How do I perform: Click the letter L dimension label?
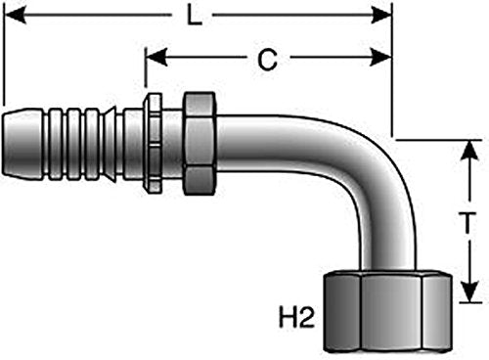[195, 16]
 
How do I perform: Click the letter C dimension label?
[267, 60]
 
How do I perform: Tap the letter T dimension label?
[468, 223]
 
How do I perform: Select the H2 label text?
[296, 318]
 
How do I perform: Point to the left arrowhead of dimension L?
[15, 15]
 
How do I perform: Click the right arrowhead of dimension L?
[381, 15]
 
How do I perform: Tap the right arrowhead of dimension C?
[380, 58]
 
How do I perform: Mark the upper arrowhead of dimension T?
[469, 151]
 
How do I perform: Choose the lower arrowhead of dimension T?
[469, 292]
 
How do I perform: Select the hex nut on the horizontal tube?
[200, 144]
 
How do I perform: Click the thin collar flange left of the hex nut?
[153, 143]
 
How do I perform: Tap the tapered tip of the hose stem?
[22, 146]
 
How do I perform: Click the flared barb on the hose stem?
[110, 144]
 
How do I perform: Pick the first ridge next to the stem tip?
[55, 144]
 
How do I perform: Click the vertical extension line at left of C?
[146, 67]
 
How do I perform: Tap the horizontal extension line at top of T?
[438, 140]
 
